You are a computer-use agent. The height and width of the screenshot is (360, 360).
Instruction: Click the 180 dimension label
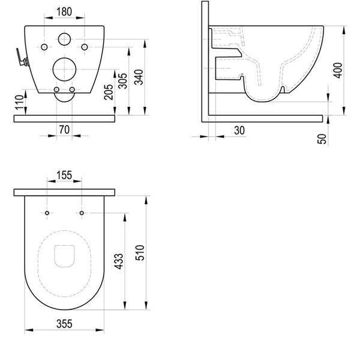click(64, 12)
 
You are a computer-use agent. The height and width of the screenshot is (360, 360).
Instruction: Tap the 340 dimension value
click(139, 77)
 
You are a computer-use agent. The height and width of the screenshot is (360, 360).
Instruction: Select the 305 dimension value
click(122, 81)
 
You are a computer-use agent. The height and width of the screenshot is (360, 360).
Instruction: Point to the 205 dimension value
click(109, 92)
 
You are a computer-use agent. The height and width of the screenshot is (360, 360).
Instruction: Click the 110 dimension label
click(20, 102)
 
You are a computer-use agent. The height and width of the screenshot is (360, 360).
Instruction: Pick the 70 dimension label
click(64, 130)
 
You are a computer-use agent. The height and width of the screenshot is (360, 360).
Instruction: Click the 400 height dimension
click(337, 70)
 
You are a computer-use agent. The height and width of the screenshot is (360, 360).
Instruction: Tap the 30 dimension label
click(239, 130)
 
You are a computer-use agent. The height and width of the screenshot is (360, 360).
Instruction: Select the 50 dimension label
click(322, 139)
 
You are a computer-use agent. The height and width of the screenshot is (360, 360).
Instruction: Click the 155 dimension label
click(64, 175)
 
